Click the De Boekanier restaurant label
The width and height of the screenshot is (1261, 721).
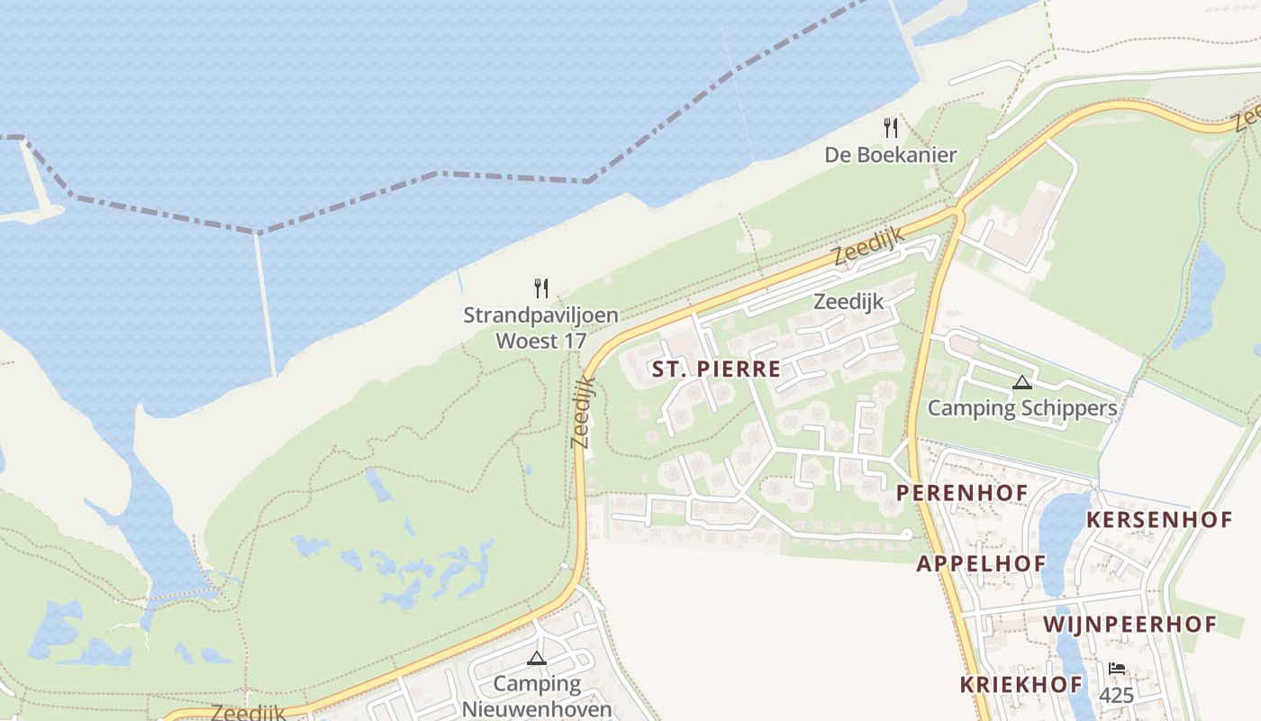(x=890, y=155)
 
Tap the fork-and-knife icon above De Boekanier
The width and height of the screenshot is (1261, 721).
(x=890, y=128)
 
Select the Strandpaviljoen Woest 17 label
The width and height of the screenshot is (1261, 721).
(x=540, y=328)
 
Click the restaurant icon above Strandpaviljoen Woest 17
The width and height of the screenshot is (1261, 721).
(x=540, y=288)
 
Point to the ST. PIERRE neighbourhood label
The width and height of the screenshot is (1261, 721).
(x=716, y=370)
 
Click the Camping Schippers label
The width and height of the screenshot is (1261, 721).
(x=1022, y=408)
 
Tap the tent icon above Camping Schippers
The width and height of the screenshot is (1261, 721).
(x=1021, y=382)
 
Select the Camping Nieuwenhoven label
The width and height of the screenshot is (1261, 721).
(x=537, y=696)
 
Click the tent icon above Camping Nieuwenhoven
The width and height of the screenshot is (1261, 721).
(x=537, y=658)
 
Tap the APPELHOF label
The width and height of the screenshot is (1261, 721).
(x=981, y=564)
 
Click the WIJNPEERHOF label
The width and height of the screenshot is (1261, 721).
(x=1129, y=624)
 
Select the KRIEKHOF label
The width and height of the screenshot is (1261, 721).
(x=1021, y=684)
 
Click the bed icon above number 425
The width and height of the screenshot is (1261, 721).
(x=1117, y=669)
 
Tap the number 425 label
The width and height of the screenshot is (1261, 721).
(x=1117, y=695)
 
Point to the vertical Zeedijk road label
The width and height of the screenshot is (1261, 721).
(x=583, y=411)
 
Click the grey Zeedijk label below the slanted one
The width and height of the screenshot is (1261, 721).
(x=848, y=301)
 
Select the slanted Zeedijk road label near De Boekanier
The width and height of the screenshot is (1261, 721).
(x=867, y=245)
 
